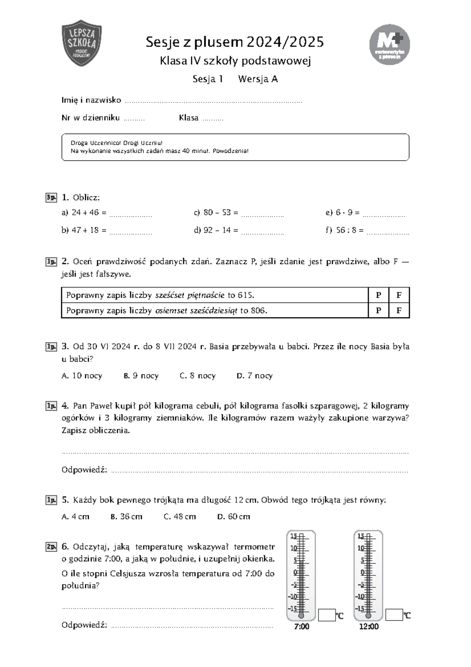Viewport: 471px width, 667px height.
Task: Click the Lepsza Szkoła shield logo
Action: point(82,43)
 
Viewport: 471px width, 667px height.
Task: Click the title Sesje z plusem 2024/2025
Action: point(235,42)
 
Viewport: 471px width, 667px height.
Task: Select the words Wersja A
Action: point(258,79)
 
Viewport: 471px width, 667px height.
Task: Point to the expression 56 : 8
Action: point(347,230)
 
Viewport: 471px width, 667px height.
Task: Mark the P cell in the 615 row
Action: point(379,295)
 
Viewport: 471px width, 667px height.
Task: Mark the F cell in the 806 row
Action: point(399,311)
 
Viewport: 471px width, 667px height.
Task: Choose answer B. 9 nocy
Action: point(141,376)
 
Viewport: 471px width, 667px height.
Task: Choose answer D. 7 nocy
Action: point(255,376)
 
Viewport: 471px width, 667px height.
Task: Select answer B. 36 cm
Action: point(126,517)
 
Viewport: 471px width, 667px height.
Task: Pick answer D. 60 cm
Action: point(234,517)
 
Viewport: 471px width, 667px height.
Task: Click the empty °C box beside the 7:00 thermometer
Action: point(327,615)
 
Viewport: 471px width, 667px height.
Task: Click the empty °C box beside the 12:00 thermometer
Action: point(394,615)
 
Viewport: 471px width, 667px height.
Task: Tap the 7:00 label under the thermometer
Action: point(301,627)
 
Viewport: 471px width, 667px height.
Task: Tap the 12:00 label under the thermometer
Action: point(369,627)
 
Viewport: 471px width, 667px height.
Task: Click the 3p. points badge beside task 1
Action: point(51,197)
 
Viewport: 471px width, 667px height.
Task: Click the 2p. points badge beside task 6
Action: point(51,547)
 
